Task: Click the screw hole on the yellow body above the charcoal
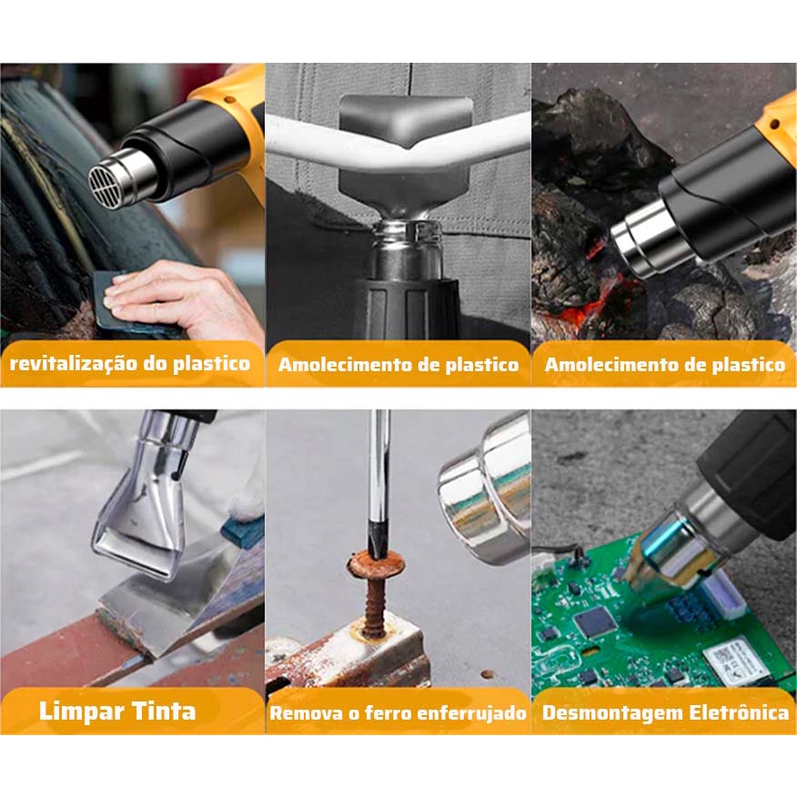click(x=774, y=125)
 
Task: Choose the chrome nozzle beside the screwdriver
click(x=486, y=490)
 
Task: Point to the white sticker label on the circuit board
click(x=731, y=661)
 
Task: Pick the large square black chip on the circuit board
click(x=595, y=623)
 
